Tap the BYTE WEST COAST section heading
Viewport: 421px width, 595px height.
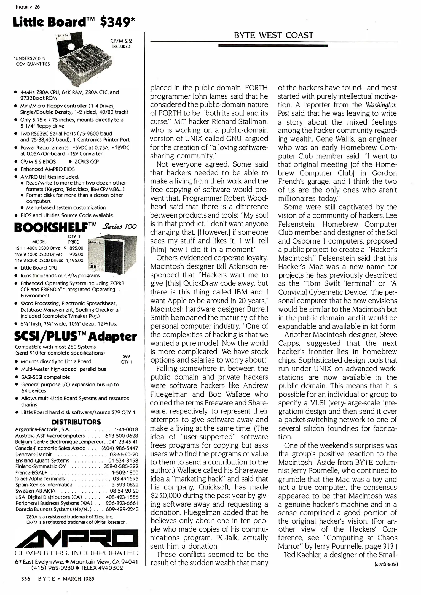point(273,35)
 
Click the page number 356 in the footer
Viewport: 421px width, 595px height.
point(26,579)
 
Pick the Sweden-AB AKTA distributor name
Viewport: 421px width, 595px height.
point(35,491)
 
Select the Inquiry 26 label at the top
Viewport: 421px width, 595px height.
point(28,7)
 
